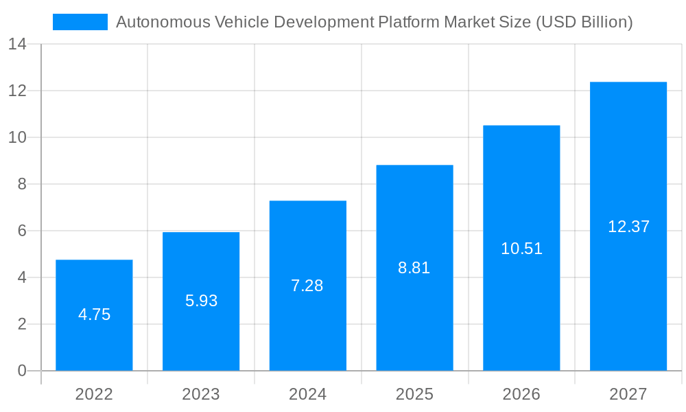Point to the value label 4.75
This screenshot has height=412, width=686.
94,314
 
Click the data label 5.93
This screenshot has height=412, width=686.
201,301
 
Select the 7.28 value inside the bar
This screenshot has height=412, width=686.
307,286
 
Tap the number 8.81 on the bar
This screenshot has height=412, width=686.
414,268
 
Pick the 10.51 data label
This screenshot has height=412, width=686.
521,249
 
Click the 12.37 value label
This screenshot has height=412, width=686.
628,227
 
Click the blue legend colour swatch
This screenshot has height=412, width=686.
80,22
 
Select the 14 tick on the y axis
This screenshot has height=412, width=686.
17,45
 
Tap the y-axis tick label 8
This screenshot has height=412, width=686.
22,184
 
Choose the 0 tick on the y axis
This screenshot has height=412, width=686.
22,371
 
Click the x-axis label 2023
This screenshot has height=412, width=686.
201,394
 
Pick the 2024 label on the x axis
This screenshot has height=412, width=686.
307,394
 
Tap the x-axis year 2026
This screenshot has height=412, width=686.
521,394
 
